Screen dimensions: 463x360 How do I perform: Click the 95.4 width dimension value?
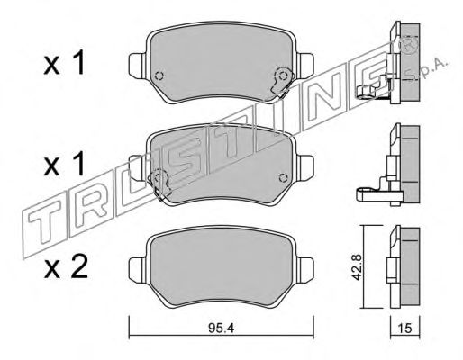[x=221, y=328]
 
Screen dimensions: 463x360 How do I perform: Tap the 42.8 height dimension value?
[x=357, y=267]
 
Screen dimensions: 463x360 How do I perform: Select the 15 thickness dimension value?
[x=405, y=328]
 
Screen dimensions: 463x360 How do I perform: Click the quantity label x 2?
[x=66, y=265]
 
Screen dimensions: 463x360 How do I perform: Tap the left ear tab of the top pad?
[x=137, y=64]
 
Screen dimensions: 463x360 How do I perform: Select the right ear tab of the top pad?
[x=306, y=64]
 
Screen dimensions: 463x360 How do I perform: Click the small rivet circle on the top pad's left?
[x=159, y=76]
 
